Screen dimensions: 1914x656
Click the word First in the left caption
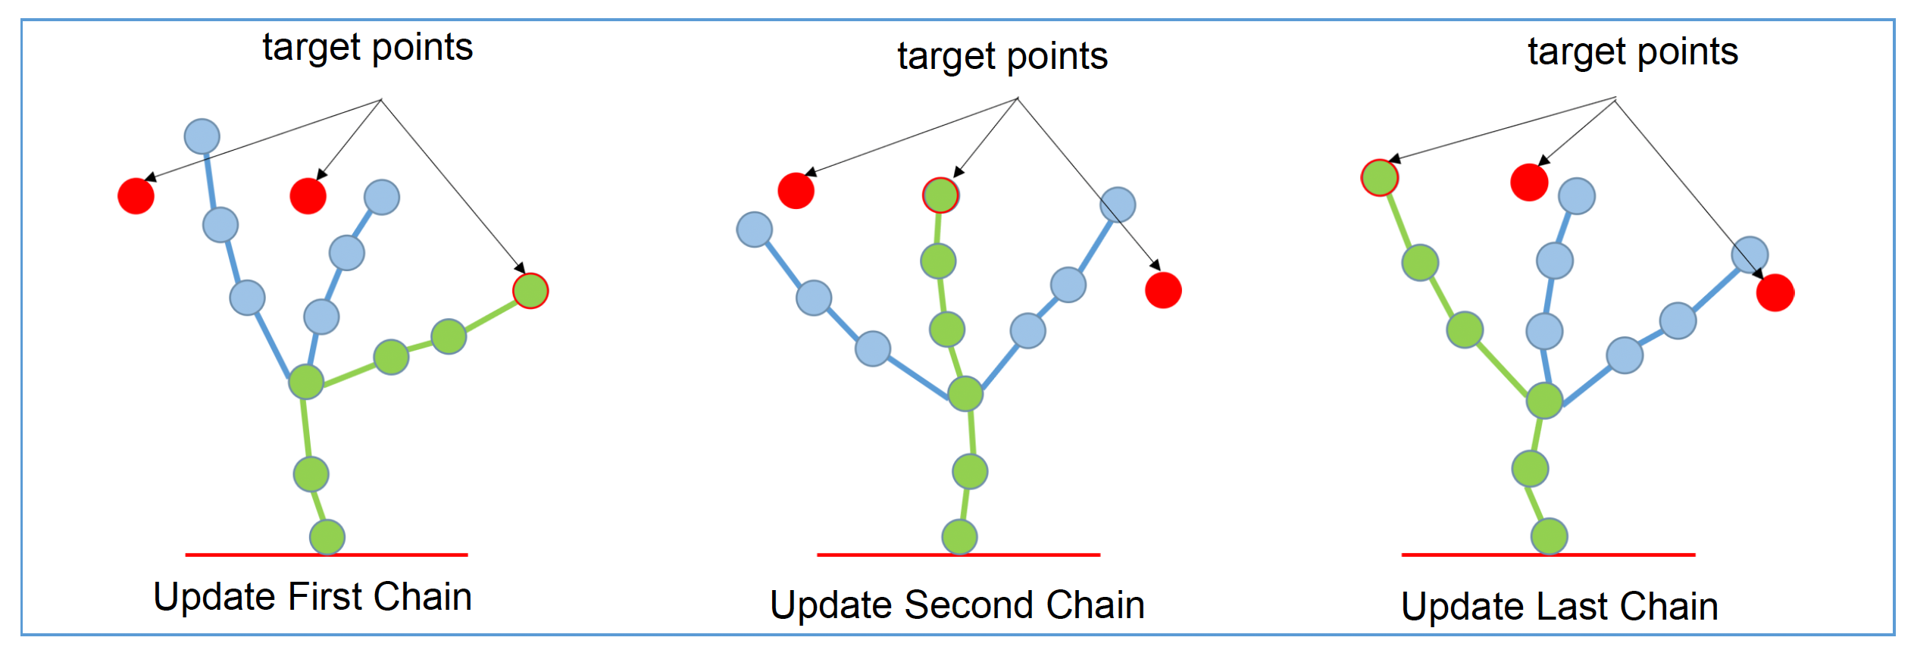pos(327,597)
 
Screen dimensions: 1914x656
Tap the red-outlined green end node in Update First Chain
pos(530,291)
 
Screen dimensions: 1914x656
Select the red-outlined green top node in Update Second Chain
pos(940,195)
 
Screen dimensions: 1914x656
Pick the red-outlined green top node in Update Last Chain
pos(1380,178)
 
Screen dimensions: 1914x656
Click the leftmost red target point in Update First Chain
pos(136,196)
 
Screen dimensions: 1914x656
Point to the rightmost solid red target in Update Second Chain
pos(1163,290)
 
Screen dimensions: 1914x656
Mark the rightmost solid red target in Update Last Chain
pos(1775,293)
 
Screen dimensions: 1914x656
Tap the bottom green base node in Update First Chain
pos(327,538)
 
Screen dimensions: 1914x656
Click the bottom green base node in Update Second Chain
pos(959,537)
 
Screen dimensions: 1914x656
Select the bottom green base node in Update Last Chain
pos(1550,537)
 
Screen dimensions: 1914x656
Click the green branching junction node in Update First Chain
pos(306,382)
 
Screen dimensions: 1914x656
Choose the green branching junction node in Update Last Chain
pos(1545,401)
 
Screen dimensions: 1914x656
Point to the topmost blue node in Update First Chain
pos(202,136)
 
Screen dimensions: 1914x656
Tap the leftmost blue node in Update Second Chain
pos(755,230)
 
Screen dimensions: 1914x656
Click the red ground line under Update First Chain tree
pos(327,555)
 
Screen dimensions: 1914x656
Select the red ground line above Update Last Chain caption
pos(1548,555)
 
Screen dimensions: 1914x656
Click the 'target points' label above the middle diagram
pos(1002,57)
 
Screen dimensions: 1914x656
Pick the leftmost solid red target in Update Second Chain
pos(796,190)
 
